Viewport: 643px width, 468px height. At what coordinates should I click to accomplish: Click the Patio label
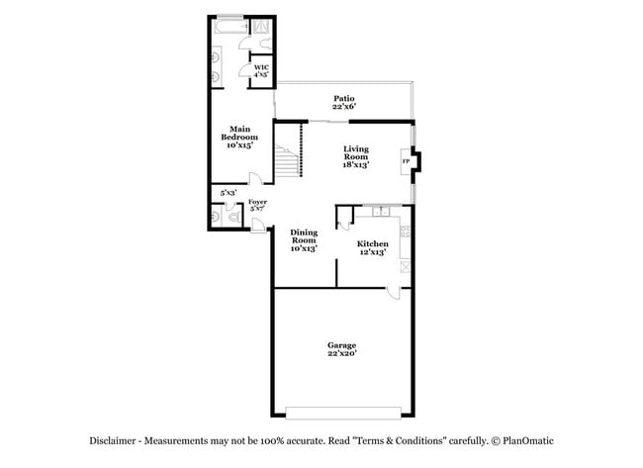tap(343, 98)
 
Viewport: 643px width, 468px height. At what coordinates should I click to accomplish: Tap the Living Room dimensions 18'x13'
tap(355, 165)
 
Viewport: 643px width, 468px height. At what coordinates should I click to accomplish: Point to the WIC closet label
tap(261, 67)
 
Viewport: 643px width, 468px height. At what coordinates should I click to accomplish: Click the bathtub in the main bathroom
tap(230, 28)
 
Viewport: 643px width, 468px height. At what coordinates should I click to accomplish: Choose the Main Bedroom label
tap(239, 129)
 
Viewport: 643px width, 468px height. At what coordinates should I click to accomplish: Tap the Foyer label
tap(257, 202)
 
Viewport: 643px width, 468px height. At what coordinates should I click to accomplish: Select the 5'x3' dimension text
tap(229, 193)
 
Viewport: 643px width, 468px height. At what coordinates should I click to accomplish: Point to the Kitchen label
tap(372, 243)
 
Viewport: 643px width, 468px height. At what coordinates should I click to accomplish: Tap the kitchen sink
tap(379, 211)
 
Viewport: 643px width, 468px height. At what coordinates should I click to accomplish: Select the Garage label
tap(342, 345)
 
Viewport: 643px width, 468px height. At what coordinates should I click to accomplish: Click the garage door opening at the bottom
tap(342, 412)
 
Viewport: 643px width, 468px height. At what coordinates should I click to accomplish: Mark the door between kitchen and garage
tap(393, 290)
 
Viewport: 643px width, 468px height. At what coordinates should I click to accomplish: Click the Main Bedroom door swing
tap(255, 179)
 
